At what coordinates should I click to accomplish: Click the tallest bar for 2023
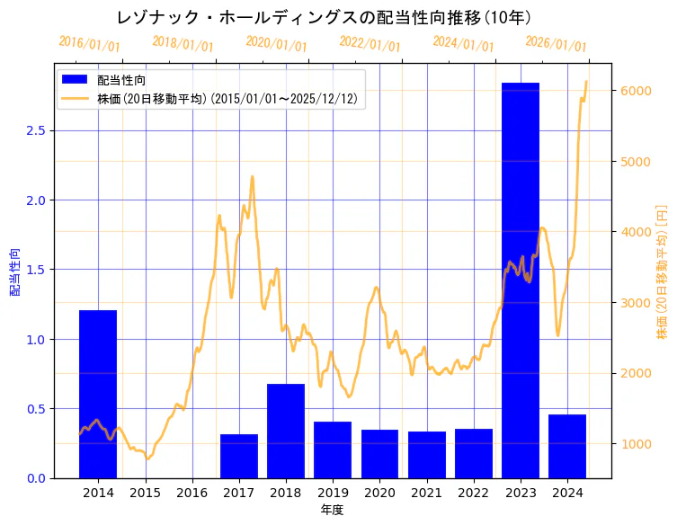(521, 280)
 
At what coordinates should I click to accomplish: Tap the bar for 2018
(286, 431)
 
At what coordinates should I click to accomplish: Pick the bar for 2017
(239, 456)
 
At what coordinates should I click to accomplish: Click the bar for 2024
(567, 446)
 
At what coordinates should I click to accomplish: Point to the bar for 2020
(379, 453)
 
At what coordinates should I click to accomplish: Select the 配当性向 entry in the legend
(120, 81)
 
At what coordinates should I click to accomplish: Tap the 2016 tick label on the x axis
(192, 493)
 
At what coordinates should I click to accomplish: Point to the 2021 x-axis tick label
(426, 493)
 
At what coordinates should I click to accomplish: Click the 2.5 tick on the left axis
(36, 130)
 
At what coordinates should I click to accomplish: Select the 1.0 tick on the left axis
(36, 339)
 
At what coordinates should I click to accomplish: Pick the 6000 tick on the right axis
(633, 91)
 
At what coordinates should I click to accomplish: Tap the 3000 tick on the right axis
(633, 302)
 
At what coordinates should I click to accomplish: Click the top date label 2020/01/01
(276, 43)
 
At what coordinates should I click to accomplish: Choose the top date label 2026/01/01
(556, 43)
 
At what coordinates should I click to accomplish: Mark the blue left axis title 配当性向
(14, 272)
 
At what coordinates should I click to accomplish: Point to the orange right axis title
(662, 271)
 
